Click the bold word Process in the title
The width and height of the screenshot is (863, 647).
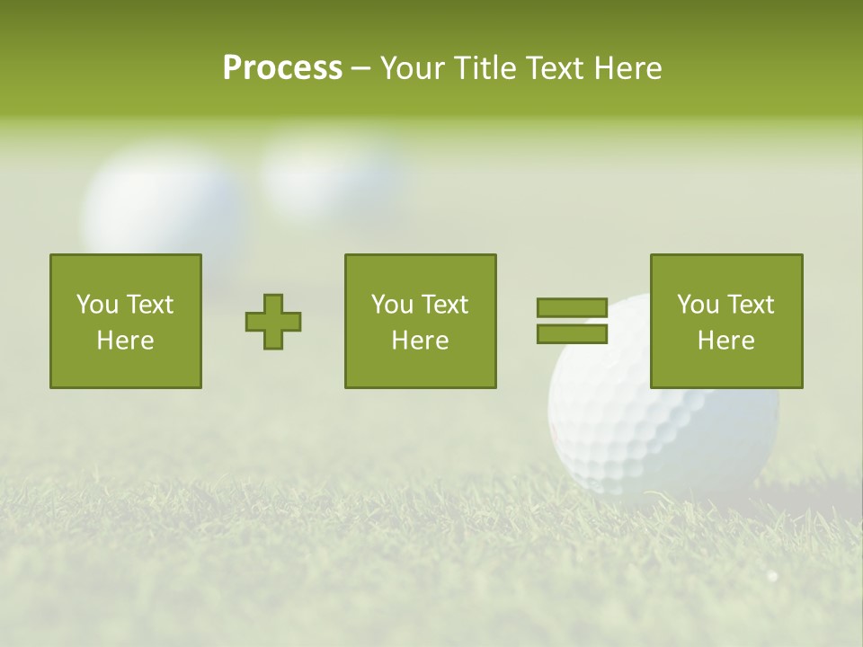tap(282, 68)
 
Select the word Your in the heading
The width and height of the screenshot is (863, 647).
tap(413, 68)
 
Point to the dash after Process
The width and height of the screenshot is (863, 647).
tap(360, 69)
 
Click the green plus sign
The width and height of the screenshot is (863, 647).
tap(273, 322)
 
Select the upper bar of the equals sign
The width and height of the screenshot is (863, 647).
tap(572, 307)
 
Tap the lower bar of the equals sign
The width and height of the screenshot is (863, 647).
tap(572, 333)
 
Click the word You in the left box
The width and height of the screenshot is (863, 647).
tap(97, 305)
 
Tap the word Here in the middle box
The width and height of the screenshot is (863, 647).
tap(420, 341)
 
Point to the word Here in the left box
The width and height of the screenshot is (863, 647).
tap(125, 341)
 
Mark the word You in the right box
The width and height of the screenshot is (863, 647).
tap(698, 305)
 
